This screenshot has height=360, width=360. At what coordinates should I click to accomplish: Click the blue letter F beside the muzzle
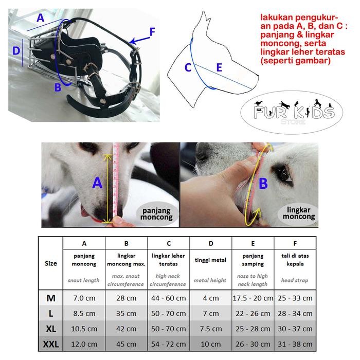click(152, 32)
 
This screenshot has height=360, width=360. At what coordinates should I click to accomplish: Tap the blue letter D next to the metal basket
click(16, 51)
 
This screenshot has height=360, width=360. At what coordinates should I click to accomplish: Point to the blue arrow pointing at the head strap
click(139, 40)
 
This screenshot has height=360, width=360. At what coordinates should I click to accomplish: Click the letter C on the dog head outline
click(188, 67)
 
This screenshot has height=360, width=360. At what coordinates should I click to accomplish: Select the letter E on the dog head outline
click(219, 67)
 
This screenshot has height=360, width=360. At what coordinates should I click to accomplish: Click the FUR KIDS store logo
click(292, 112)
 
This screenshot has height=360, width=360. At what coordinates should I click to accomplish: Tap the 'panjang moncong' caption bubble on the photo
click(156, 214)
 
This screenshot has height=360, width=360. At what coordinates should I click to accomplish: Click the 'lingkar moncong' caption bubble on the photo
click(299, 213)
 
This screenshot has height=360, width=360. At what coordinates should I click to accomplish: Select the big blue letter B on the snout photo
click(263, 184)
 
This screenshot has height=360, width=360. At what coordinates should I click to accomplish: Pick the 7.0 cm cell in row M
click(84, 298)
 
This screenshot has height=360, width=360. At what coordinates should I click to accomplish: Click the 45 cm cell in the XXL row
click(126, 344)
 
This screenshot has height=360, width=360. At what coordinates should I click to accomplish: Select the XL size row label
click(51, 329)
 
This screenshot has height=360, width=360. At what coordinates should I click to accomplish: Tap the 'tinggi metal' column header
click(210, 260)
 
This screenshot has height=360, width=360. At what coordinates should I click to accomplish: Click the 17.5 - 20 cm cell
click(253, 298)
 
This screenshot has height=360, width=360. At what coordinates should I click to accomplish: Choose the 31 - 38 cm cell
click(295, 344)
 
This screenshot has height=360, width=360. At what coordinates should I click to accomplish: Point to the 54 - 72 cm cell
click(168, 344)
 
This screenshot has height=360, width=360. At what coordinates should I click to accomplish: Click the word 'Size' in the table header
click(51, 263)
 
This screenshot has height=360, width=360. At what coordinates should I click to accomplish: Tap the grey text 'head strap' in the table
click(295, 280)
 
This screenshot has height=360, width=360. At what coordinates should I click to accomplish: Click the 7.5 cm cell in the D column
click(210, 329)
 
